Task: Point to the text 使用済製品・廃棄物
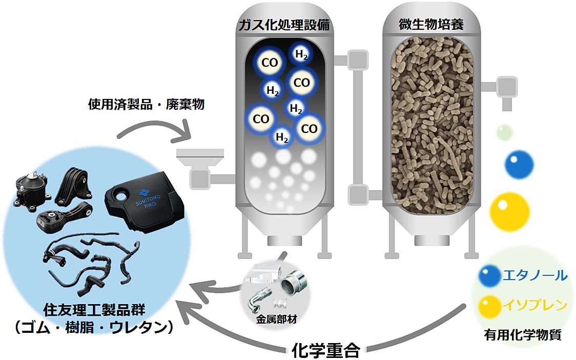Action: [147, 105]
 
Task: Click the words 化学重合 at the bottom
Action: [326, 350]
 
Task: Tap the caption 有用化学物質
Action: [523, 335]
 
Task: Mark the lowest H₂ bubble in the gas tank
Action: [281, 137]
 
